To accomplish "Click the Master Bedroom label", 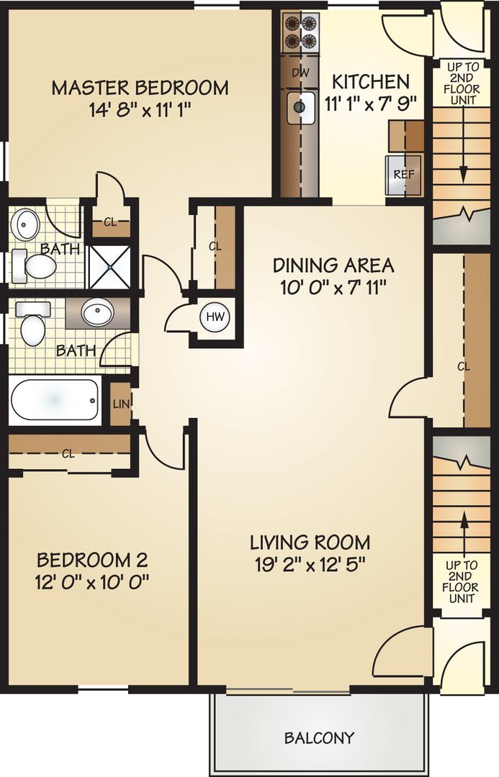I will click(140, 88).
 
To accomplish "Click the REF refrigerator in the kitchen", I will click(402, 175).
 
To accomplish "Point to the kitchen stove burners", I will click(300, 32).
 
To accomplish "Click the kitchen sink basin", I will click(300, 108).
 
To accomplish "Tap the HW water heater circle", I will click(214, 317).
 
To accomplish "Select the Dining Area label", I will click(333, 265).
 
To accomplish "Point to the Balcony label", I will click(319, 738).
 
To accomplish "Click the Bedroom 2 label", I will click(92, 560).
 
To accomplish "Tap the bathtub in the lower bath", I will click(55, 401).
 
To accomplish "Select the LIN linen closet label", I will click(120, 404).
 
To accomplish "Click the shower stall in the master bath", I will click(109, 265).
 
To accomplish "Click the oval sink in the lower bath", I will click(97, 312).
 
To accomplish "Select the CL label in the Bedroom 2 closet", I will click(68, 454).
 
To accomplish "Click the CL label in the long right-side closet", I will click(463, 366).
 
